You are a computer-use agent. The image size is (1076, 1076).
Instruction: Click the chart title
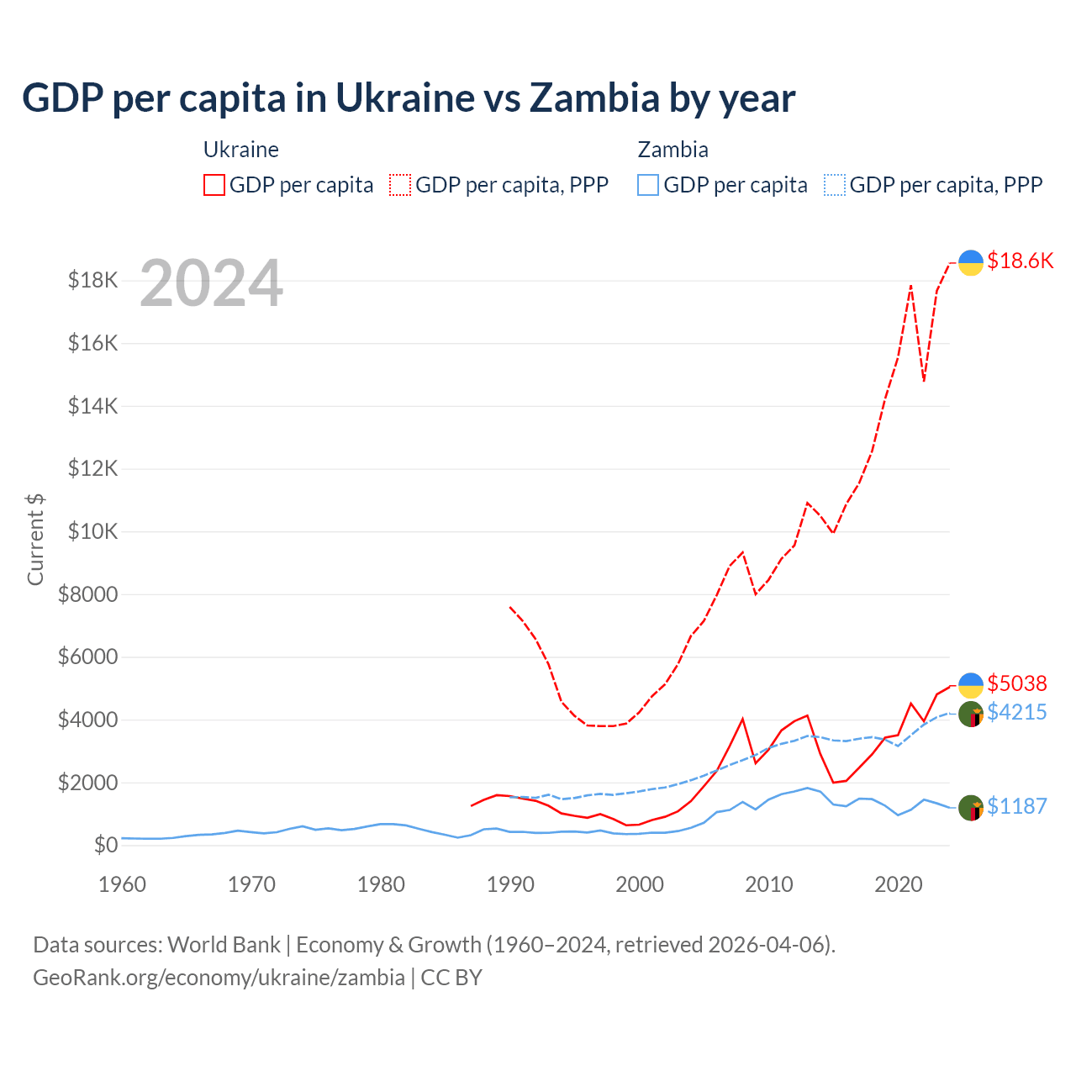[409, 98]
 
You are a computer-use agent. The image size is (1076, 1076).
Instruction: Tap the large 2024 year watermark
[211, 284]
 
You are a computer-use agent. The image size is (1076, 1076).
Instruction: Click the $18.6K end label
[1020, 261]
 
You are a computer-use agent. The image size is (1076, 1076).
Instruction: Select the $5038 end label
[1017, 683]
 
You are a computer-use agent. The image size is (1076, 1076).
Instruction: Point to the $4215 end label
[1017, 713]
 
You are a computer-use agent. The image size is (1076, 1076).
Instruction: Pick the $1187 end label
[1017, 807]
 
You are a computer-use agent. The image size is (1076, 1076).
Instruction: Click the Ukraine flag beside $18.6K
[971, 262]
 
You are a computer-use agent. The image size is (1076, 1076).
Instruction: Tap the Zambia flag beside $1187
[971, 808]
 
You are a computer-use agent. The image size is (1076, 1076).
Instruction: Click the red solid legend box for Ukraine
[214, 185]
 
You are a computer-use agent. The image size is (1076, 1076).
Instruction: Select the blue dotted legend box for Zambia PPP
[835, 185]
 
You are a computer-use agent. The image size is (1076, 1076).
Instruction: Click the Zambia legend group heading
[673, 150]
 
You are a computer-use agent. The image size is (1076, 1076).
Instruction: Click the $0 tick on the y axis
[105, 845]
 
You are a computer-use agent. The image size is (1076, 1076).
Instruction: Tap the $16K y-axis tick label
[93, 343]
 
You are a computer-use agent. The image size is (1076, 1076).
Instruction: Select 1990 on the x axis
[510, 884]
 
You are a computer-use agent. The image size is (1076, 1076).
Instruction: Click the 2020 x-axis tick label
[899, 884]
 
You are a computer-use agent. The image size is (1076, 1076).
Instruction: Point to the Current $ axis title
[35, 540]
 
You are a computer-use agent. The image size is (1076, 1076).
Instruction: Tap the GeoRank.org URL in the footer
[219, 978]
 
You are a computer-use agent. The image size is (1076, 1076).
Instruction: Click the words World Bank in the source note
[224, 945]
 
